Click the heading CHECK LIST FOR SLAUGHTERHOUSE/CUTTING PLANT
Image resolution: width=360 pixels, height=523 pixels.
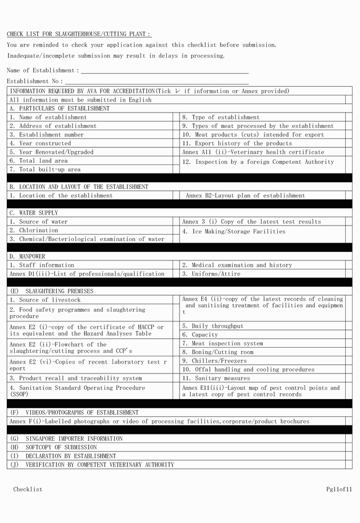tap(79, 34)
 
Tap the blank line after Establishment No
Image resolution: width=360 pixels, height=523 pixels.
tap(157, 82)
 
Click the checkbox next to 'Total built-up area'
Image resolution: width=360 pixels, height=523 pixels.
tap(176, 170)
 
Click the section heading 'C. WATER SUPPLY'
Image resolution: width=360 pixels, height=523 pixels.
tap(33, 213)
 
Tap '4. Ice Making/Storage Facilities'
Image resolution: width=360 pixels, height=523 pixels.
tap(234, 231)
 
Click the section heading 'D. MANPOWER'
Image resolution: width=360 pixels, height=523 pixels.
tap(27, 256)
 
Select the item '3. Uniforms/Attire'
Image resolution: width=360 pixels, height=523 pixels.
tap(211, 273)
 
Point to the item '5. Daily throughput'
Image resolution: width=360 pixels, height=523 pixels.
tap(213, 326)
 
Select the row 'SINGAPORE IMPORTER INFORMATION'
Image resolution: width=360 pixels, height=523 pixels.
tap(74, 438)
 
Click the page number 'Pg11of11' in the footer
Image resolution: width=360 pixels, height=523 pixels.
tap(339, 489)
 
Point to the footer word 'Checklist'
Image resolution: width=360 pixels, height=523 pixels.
tap(28, 489)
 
